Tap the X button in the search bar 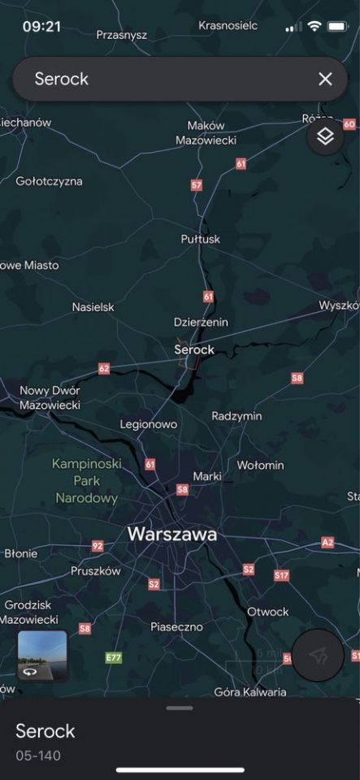(325, 79)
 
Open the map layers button (325, 136)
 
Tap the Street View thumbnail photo (42, 654)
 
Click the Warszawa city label (172, 535)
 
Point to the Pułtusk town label (200, 239)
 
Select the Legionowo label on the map (149, 424)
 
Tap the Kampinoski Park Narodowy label (86, 480)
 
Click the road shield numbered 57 (196, 185)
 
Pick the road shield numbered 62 (103, 369)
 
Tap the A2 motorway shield (327, 542)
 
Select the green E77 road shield (114, 657)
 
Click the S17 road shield (281, 575)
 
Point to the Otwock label (268, 611)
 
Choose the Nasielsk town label (93, 307)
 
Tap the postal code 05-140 (38, 756)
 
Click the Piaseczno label (176, 626)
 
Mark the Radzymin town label (236, 416)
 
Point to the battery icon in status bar (337, 27)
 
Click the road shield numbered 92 (98, 546)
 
